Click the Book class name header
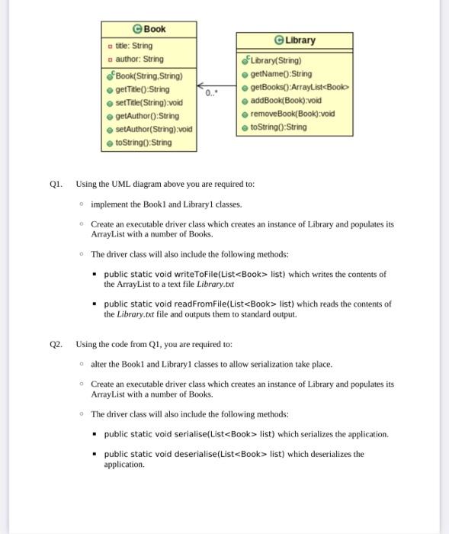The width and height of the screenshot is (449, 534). (x=149, y=29)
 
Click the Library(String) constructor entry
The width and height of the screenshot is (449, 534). (x=276, y=60)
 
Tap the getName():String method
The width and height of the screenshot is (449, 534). (x=281, y=73)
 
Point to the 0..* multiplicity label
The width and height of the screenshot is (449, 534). (x=211, y=93)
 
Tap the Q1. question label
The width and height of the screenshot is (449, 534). (x=56, y=185)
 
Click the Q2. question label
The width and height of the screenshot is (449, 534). (x=56, y=344)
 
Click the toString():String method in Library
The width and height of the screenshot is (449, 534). (x=278, y=127)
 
